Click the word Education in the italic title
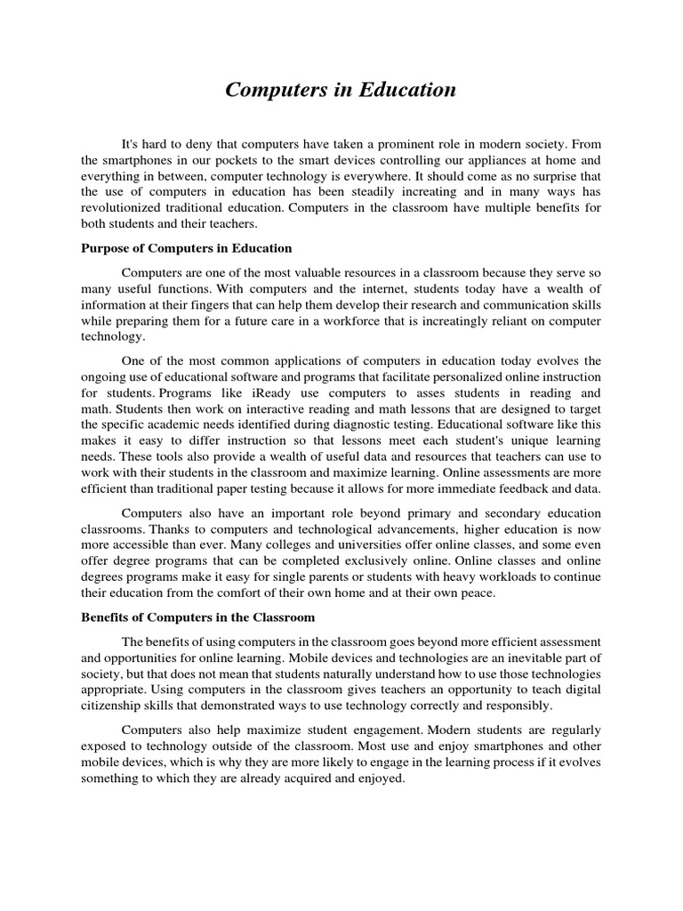pyautogui.click(x=407, y=90)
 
